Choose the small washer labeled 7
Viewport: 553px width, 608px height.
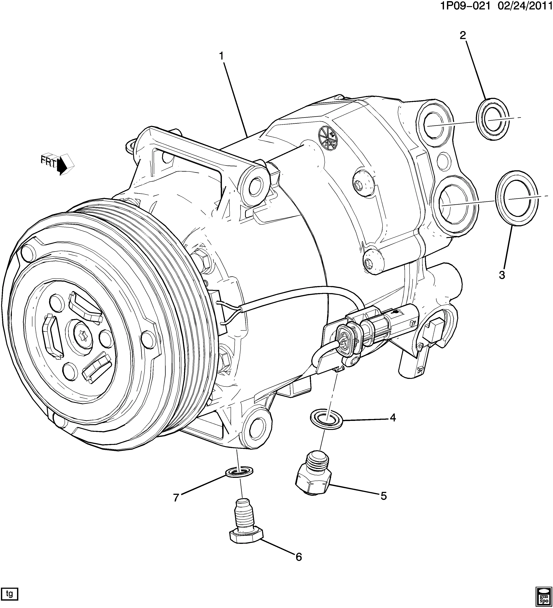[239, 471]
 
